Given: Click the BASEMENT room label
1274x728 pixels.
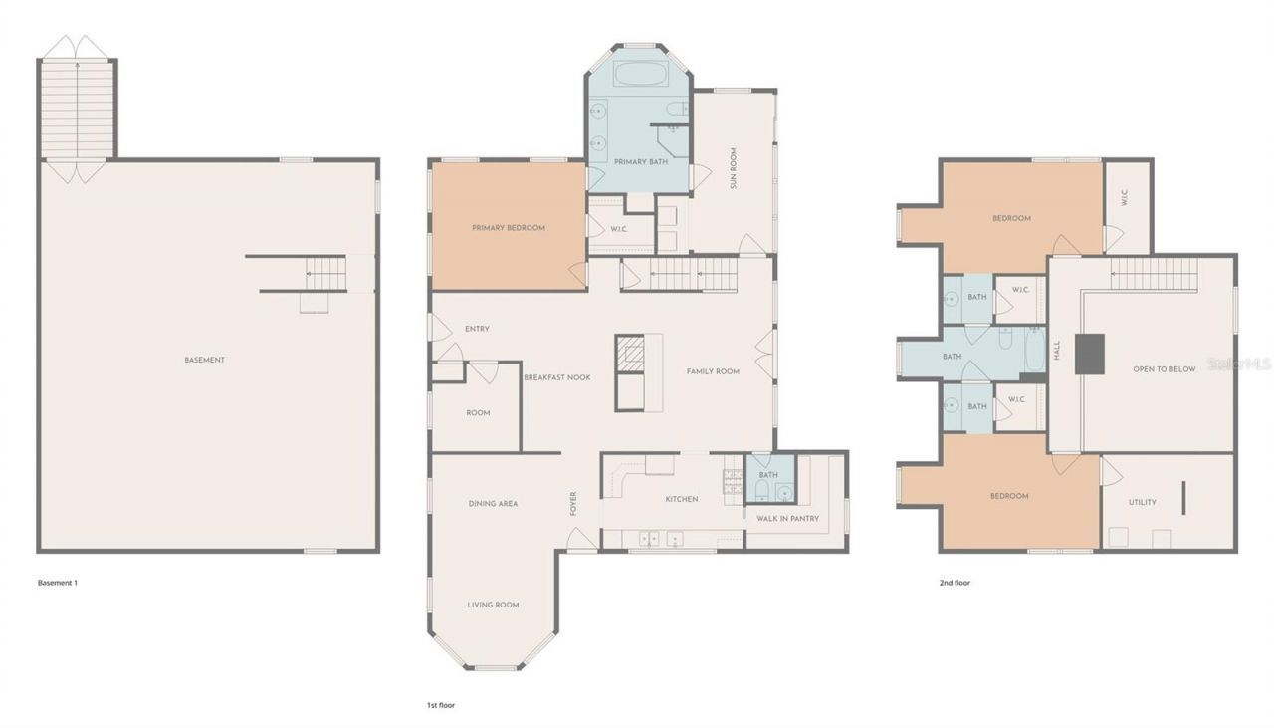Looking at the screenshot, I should [x=204, y=360].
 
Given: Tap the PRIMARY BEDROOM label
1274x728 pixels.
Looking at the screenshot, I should [x=508, y=228].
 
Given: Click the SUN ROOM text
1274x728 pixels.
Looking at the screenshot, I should [x=734, y=168].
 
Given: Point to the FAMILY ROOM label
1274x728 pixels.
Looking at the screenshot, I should [x=713, y=371].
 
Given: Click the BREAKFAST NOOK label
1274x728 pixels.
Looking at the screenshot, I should [x=557, y=377].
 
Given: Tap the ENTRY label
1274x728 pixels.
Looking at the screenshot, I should [x=477, y=329].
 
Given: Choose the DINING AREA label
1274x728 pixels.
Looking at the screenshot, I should [x=493, y=504].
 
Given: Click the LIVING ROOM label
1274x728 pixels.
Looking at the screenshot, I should [x=493, y=605].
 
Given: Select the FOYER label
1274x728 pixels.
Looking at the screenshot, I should [x=573, y=503].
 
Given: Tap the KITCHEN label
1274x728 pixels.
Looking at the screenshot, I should [x=682, y=499].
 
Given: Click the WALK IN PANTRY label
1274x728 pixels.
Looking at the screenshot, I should [x=787, y=518].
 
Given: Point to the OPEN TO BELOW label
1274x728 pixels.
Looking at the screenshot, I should [x=1164, y=369].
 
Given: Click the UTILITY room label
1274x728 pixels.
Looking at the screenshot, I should [x=1142, y=502].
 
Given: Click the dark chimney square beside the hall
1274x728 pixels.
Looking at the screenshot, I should [x=1090, y=354].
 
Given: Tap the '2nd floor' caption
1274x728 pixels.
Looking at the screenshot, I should [x=955, y=583].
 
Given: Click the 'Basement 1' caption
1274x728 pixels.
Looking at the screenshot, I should [x=57, y=583].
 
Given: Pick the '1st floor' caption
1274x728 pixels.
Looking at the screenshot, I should [x=440, y=704].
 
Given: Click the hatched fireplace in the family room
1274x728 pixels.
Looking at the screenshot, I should [x=630, y=353].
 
